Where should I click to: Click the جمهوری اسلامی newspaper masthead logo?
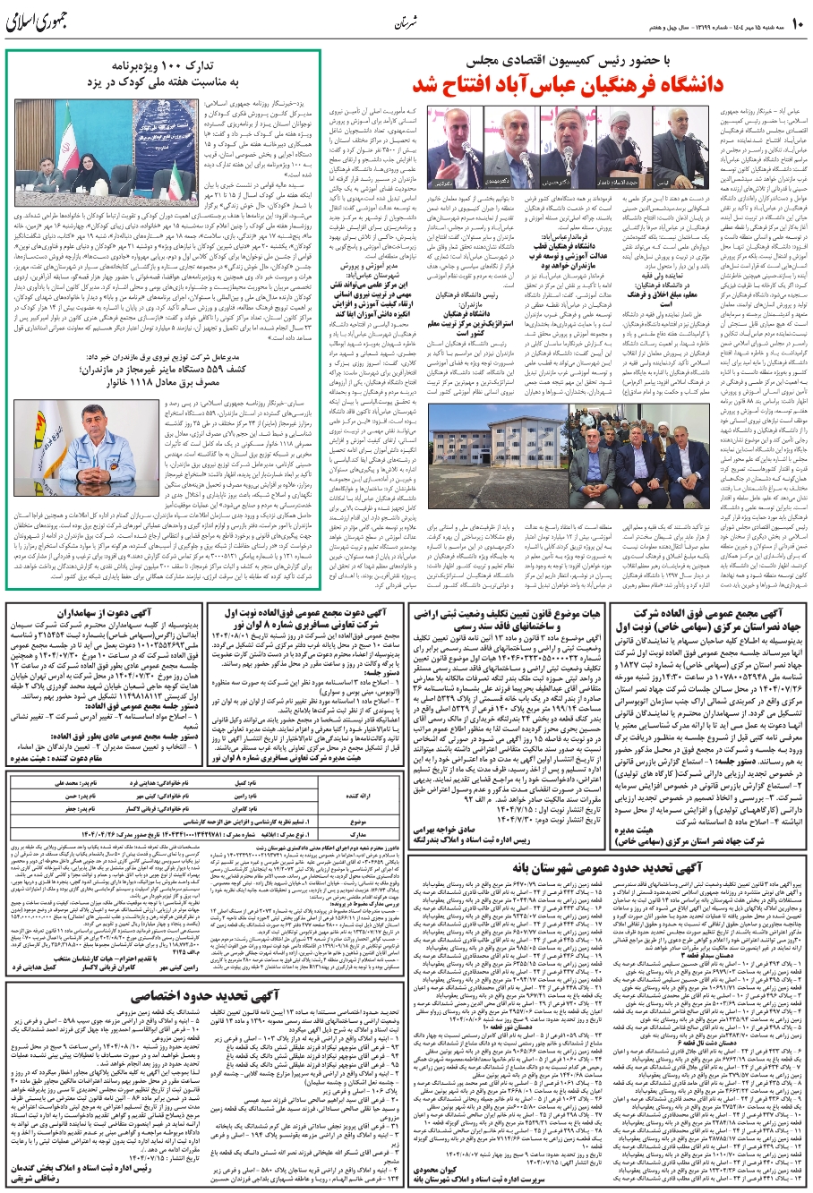44,21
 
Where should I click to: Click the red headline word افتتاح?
465,88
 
